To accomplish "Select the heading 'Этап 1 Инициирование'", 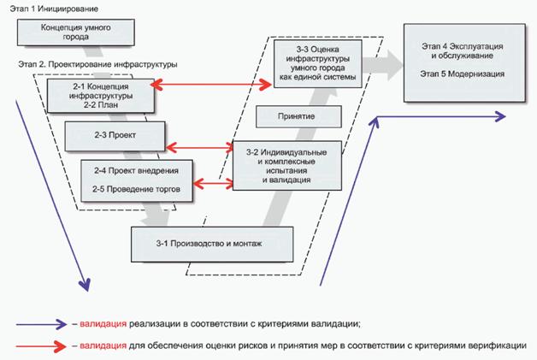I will pos(52,7).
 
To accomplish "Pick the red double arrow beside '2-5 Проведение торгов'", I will pos(213,181).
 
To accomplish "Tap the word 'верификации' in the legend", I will pos(497,345).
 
